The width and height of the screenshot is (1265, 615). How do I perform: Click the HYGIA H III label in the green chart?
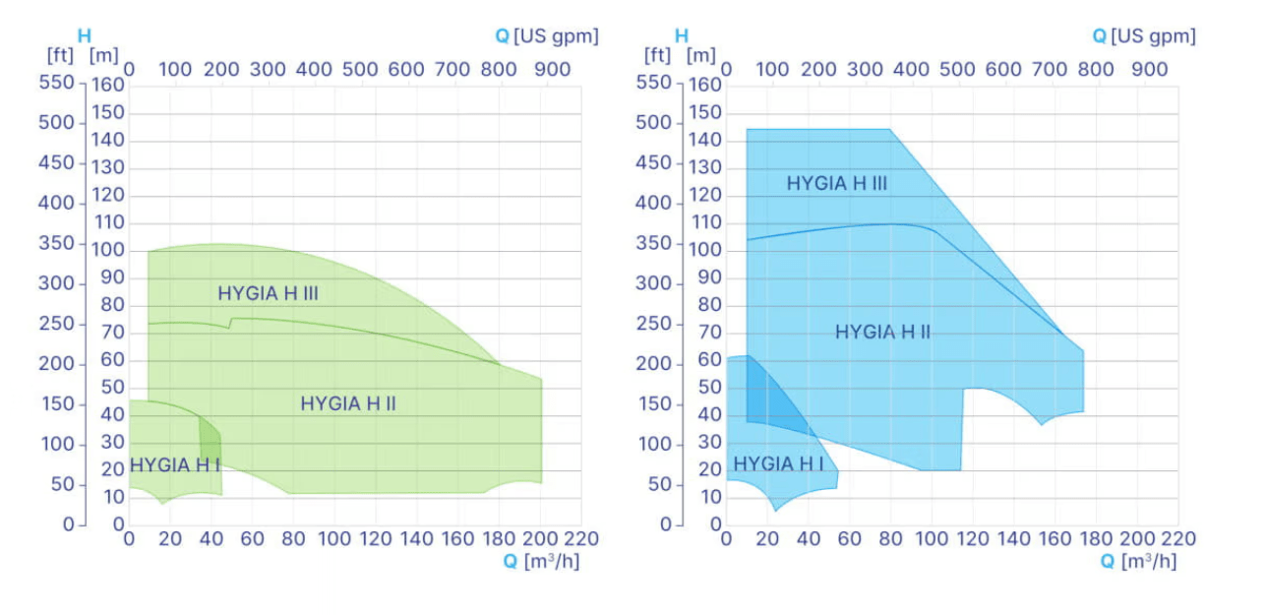[268, 293]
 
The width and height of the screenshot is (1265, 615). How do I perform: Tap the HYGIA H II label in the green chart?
[348, 403]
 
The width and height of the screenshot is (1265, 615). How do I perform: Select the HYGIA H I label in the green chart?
[175, 465]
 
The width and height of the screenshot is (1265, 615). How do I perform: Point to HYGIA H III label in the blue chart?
[836, 184]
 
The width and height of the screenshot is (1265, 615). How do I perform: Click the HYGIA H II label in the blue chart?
[882, 333]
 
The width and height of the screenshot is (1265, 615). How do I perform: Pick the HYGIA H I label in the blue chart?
[779, 463]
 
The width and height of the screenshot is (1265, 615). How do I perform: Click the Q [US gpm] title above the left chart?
[546, 36]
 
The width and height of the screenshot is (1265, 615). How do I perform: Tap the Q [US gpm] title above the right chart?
[1144, 36]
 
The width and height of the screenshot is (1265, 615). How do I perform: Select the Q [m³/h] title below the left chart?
[541, 562]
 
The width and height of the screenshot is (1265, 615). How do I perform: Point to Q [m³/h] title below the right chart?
[1138, 562]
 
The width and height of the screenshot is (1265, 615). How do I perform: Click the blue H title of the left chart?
[84, 36]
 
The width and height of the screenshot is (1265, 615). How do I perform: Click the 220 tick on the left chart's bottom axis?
[580, 539]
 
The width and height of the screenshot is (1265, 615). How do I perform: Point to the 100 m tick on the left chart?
[108, 250]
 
